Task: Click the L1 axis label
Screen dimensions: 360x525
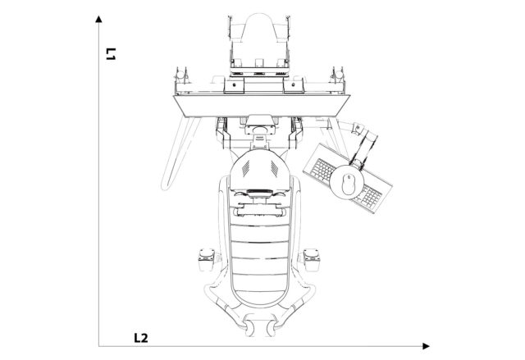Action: (110, 55)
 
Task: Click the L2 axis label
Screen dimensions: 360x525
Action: (140, 337)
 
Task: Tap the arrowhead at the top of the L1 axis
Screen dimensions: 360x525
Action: (98, 17)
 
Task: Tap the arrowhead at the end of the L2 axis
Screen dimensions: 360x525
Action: (425, 346)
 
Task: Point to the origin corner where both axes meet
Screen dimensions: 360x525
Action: (98, 346)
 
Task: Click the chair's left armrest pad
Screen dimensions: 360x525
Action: (203, 260)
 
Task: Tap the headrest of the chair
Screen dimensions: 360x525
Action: (259, 171)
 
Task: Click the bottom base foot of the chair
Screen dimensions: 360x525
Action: (259, 328)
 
